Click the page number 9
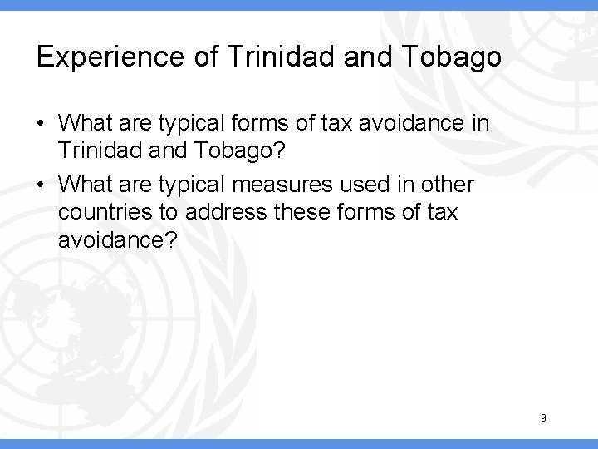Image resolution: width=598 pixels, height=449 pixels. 543,418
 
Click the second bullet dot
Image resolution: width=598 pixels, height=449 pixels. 41,185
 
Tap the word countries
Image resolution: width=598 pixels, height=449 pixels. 100,212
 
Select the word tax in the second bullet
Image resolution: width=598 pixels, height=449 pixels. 438,212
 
